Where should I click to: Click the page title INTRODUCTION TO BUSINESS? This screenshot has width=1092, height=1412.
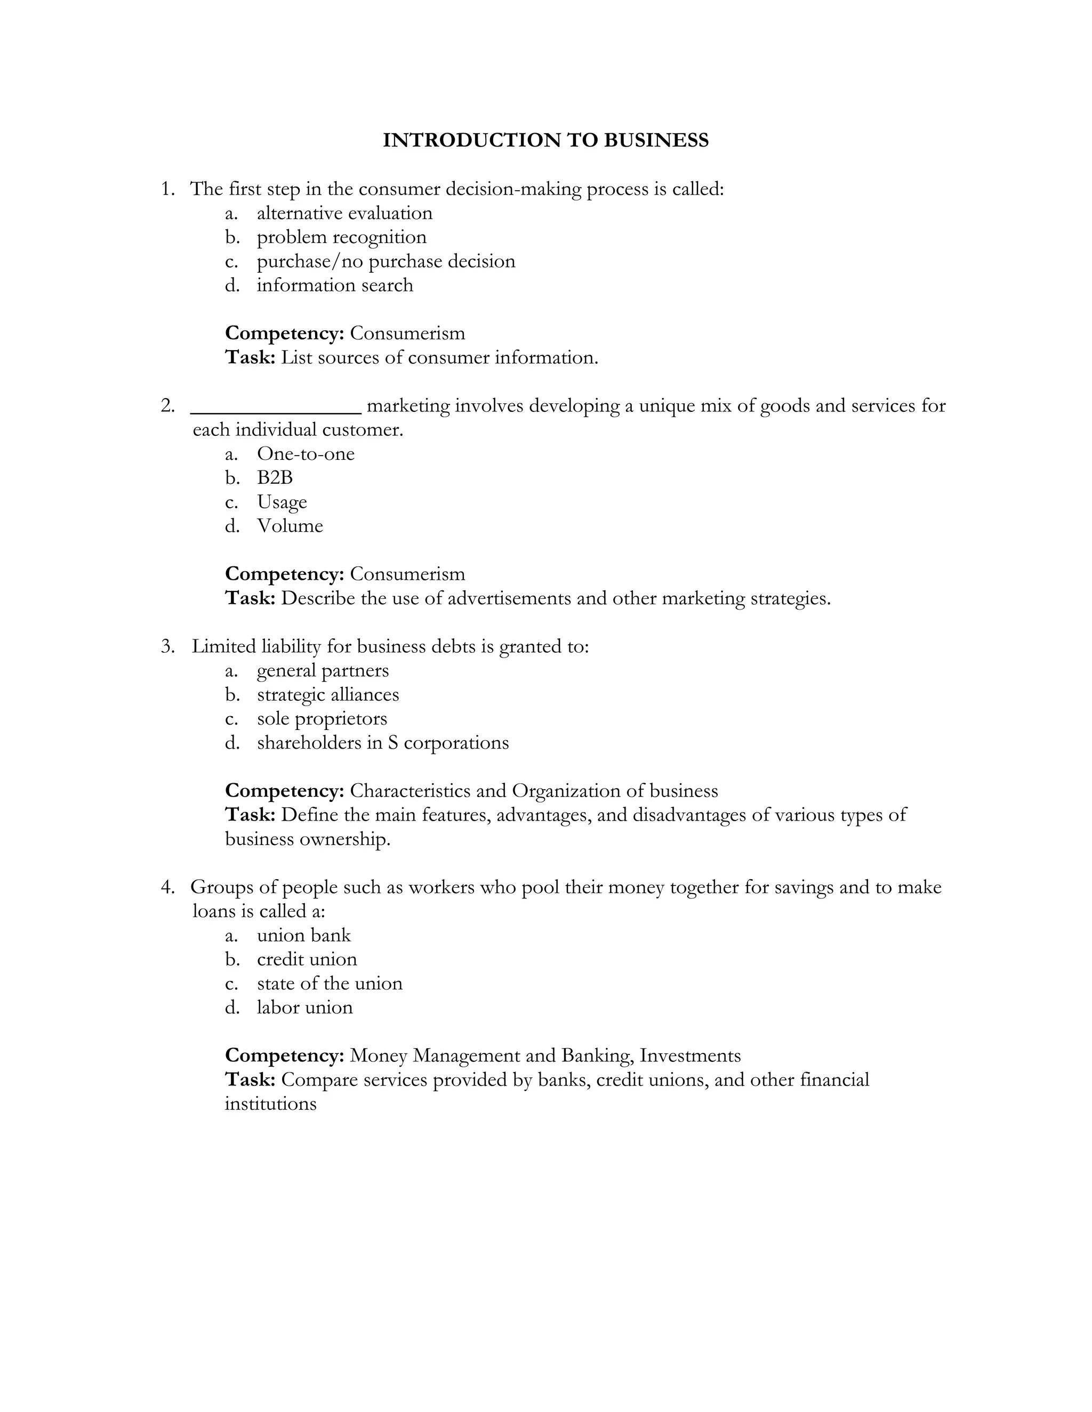(545, 140)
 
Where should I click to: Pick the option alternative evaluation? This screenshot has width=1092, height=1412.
(344, 213)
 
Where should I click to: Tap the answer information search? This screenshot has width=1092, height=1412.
(334, 285)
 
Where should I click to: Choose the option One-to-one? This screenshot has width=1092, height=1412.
(306, 454)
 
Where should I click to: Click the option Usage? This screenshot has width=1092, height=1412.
(282, 502)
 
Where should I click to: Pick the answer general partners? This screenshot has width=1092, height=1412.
(322, 670)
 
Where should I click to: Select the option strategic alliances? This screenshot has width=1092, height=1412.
(327, 694)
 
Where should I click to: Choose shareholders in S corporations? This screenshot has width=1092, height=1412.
(382, 743)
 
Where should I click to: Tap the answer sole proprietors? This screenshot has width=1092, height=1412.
(322, 719)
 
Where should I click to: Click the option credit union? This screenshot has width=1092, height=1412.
(307, 960)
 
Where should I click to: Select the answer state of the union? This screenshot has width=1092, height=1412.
(330, 984)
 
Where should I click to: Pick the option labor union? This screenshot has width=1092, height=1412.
(304, 1007)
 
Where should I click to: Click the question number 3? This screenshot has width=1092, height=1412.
(167, 646)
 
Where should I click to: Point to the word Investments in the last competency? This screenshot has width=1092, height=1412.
(690, 1056)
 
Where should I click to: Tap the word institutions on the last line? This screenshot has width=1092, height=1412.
(270, 1103)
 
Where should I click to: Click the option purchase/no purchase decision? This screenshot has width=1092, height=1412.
(386, 261)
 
